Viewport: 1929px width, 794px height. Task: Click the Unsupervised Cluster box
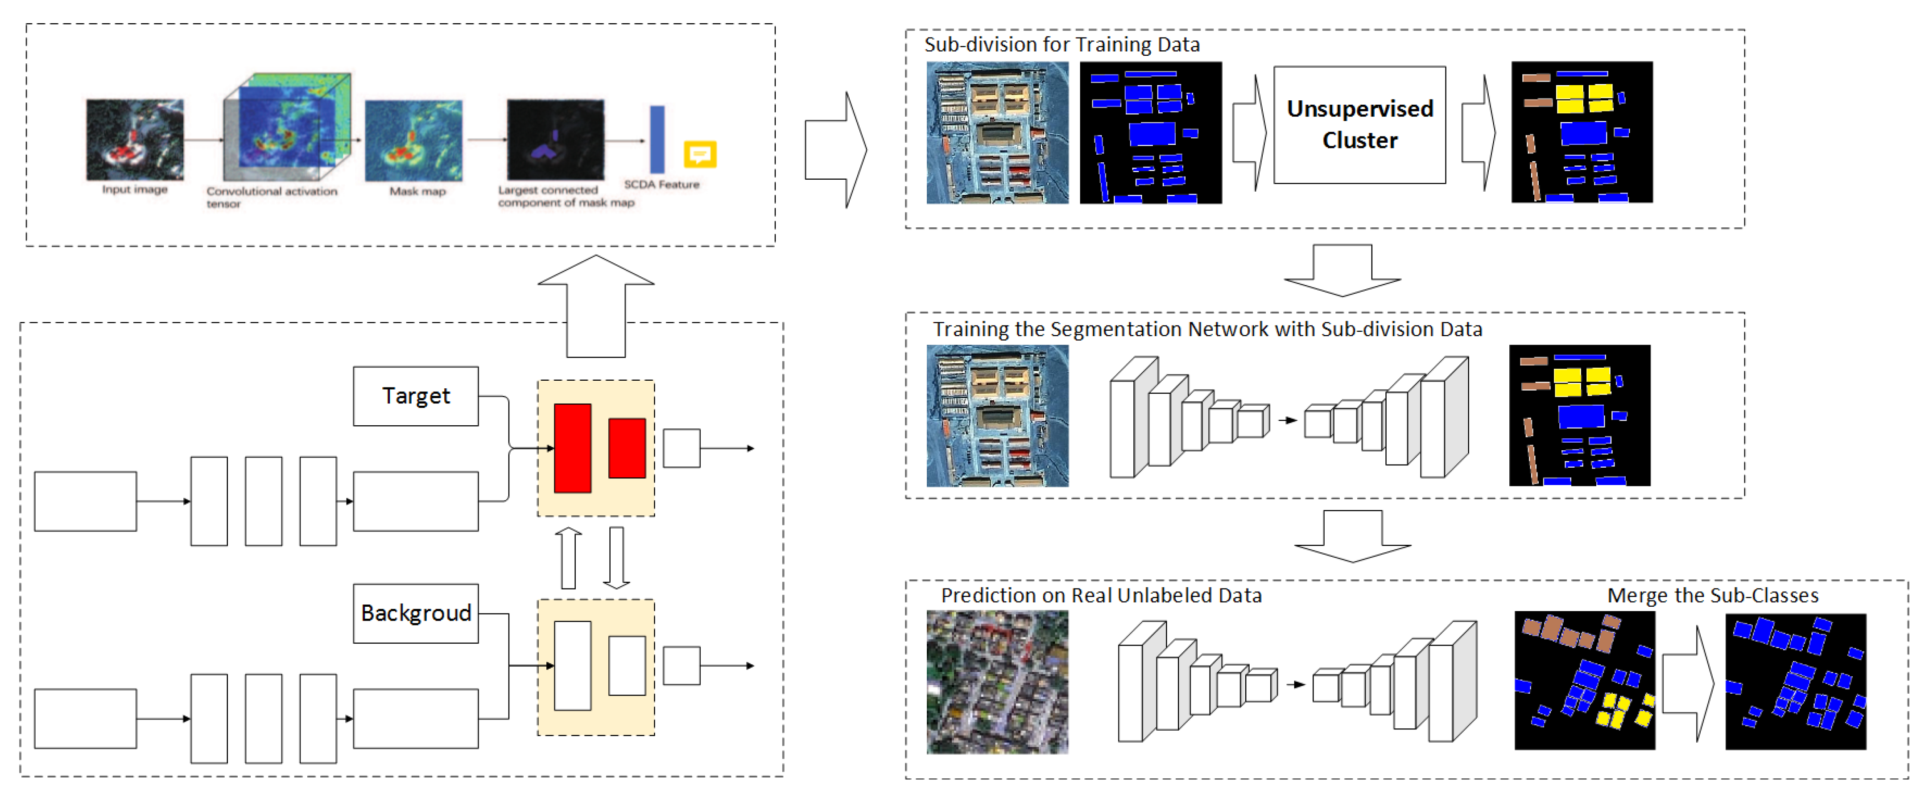click(x=1359, y=125)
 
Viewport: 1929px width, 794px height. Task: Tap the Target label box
click(x=416, y=396)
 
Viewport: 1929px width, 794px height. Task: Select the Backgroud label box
click(x=416, y=613)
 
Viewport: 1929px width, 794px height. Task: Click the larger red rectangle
click(x=572, y=448)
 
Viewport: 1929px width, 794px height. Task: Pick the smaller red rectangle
click(x=627, y=448)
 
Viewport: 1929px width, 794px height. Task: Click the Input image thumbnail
click(x=135, y=139)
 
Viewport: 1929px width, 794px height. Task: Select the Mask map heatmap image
click(x=413, y=141)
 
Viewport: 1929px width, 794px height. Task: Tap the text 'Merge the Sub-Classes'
click(x=1713, y=596)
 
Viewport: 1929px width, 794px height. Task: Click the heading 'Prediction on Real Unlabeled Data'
click(x=1101, y=596)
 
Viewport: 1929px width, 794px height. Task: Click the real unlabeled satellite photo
click(x=997, y=682)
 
